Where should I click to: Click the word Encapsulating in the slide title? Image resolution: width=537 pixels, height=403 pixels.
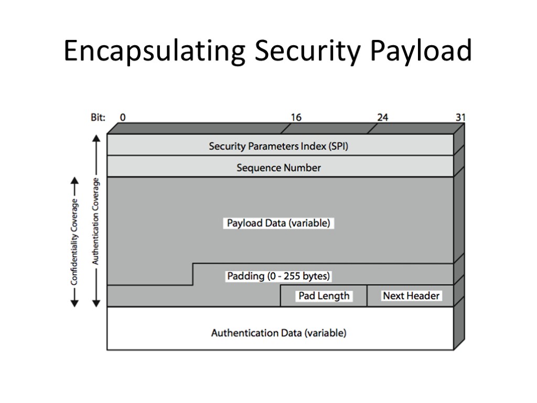154,52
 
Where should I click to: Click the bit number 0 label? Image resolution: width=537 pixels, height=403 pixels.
123,118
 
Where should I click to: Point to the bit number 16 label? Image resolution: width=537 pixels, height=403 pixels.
296,118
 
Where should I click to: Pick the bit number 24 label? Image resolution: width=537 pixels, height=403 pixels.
382,118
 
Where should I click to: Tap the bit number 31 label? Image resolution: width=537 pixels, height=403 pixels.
460,118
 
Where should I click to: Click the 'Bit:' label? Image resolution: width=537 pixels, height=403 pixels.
98,118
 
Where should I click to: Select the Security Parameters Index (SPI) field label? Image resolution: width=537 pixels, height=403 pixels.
278,146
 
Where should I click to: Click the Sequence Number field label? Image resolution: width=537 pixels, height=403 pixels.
278,168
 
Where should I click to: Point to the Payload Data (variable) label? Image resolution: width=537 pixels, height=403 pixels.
278,223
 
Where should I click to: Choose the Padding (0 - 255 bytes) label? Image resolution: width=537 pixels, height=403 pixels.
278,275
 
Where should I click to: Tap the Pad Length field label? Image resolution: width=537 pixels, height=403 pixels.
324,296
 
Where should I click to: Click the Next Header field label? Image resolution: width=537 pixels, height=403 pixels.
411,296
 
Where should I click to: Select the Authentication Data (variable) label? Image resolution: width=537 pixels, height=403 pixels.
278,333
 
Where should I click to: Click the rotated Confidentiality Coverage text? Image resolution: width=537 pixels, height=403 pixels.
74,241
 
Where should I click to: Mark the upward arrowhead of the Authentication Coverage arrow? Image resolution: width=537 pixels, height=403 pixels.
96,138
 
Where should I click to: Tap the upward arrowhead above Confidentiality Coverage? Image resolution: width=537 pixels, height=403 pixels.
74,181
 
